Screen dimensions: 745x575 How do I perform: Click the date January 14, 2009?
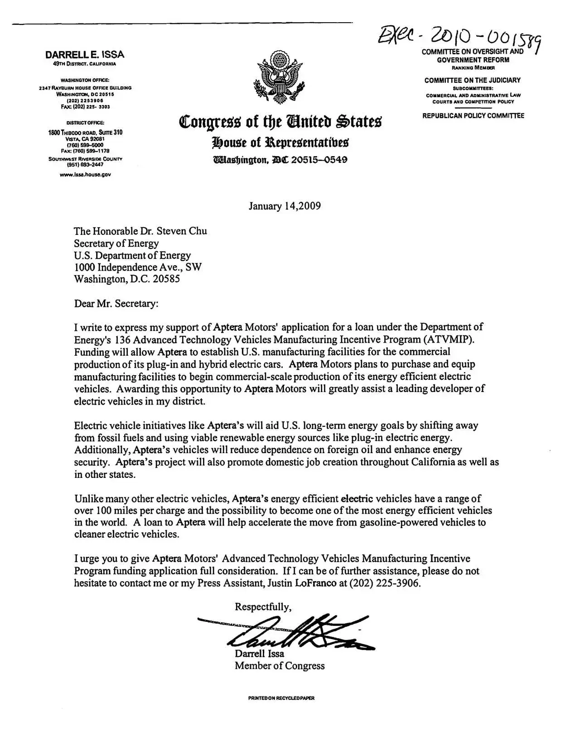click(x=285, y=206)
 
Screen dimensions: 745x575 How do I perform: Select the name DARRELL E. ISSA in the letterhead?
click(x=85, y=55)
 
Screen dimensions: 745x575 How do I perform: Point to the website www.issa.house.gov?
click(x=85, y=174)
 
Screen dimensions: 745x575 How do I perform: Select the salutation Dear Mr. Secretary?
click(x=116, y=303)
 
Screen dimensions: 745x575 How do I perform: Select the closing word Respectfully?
click(x=263, y=607)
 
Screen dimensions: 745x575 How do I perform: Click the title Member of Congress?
click(x=280, y=666)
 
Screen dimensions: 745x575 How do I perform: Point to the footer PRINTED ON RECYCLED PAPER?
click(x=281, y=698)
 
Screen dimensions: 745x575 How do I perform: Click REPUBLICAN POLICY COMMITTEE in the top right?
click(x=473, y=116)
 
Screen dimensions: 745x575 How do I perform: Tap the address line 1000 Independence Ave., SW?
click(x=138, y=267)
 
